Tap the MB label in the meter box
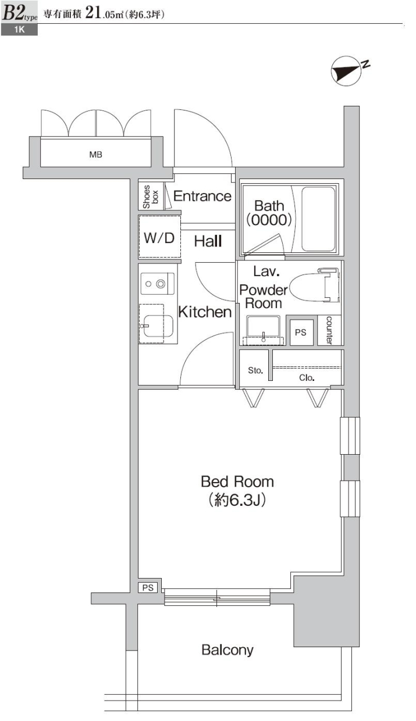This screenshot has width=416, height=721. [95, 155]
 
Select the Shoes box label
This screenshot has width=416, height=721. [151, 197]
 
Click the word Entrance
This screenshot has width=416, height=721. [202, 196]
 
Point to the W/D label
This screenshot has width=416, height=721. [159, 238]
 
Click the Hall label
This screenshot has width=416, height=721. [208, 241]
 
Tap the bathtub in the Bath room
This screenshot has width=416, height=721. [318, 219]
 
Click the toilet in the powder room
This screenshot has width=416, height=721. [314, 285]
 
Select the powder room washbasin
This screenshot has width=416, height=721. [263, 330]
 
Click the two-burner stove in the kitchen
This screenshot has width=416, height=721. [158, 284]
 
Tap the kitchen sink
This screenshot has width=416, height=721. [158, 326]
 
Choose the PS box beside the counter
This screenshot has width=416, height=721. [301, 333]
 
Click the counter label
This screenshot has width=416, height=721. [329, 330]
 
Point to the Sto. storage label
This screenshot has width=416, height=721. [255, 370]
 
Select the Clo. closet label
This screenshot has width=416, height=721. [307, 377]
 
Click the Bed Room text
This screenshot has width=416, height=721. [237, 482]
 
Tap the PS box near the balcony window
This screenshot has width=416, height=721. [148, 588]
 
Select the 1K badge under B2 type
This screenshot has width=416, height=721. [19, 30]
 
